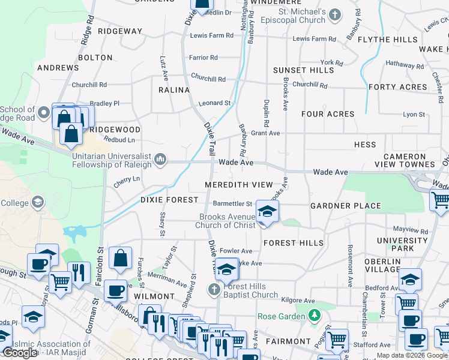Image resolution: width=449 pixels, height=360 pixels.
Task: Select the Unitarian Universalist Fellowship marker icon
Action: [160, 159]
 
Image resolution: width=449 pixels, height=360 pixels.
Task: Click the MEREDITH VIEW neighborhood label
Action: [238, 184]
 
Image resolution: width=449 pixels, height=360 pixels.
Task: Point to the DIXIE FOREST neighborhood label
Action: [169, 199]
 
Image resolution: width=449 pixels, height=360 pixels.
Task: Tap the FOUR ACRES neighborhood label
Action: [328, 114]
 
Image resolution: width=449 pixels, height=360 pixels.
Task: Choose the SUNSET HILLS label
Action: [303, 70]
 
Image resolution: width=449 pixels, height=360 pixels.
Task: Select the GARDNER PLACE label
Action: [345, 206]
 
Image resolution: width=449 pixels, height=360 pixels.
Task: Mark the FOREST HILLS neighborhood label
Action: [293, 243]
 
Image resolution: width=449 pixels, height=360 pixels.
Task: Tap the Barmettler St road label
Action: [232, 204]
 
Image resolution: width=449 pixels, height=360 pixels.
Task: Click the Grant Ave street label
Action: [265, 133]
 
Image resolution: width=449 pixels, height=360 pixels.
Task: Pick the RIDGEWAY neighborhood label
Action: [120, 31]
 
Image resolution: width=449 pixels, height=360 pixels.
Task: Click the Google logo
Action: [20, 352]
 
